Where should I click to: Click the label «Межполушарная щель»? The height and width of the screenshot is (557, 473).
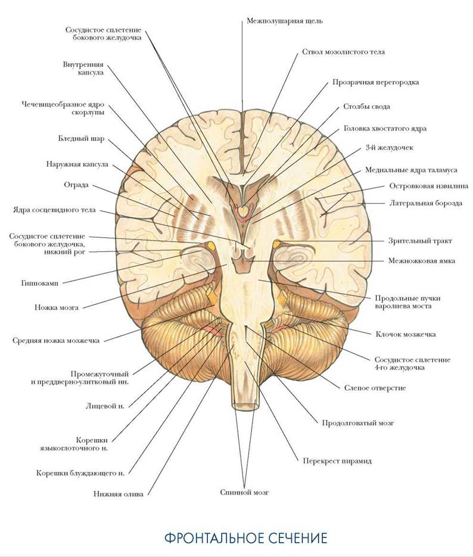point(284,21)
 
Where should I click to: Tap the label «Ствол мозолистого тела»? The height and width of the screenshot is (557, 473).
point(343,52)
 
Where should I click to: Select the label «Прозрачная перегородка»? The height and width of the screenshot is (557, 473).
point(375,82)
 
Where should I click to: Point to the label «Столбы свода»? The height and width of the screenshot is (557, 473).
point(366,107)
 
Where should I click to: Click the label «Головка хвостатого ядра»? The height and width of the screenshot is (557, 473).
point(385,129)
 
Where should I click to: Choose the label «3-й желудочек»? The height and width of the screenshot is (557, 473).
point(389,147)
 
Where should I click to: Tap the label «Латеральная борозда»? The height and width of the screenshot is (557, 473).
point(426,204)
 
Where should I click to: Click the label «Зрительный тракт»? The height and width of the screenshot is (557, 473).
point(420,241)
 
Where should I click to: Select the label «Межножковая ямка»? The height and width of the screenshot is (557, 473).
point(422,261)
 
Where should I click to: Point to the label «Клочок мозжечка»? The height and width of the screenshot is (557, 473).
point(406,334)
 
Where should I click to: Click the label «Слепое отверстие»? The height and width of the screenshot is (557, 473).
point(375,388)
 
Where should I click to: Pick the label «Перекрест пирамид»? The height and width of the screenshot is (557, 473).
point(337,461)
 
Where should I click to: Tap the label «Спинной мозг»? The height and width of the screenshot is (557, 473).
point(244,493)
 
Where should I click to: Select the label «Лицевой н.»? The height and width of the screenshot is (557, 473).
point(105,406)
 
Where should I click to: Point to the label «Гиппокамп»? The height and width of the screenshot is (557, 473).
point(39,284)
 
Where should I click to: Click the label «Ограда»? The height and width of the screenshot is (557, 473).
point(76,185)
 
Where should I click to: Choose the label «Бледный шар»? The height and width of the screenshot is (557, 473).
point(82,139)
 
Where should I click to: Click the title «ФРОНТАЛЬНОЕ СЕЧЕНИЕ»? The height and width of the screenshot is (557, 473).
point(245,538)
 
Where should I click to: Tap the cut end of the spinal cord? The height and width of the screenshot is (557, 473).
point(245,406)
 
